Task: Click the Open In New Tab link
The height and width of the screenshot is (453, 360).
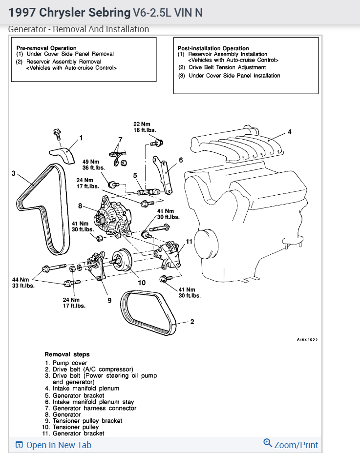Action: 53,445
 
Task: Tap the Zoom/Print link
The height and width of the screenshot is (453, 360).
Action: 291,445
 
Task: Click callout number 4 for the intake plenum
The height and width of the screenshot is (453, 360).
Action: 290,132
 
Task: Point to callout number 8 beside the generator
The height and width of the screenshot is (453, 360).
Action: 79,206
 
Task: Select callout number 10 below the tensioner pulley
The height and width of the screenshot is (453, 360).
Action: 142,282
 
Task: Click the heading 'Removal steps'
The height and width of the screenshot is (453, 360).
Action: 67,354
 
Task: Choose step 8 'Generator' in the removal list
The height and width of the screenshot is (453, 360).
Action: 63,414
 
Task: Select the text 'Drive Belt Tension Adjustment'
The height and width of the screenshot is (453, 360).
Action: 228,68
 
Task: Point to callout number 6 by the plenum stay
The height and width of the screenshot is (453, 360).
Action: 180,160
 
